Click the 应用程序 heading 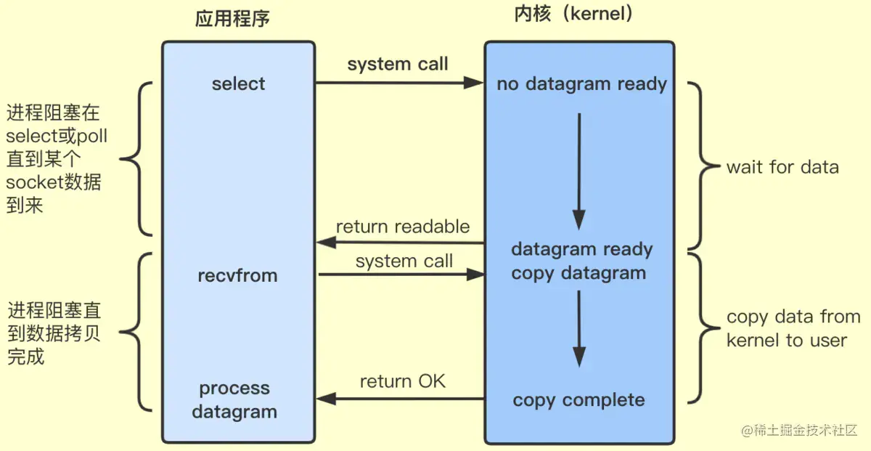232,19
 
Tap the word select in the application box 238,84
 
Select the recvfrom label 237,276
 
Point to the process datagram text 234,400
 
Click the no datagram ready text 581,84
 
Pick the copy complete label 578,400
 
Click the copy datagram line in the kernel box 578,274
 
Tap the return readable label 403,227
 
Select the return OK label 403,381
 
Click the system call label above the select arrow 398,64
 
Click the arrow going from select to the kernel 399,84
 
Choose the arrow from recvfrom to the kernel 401,275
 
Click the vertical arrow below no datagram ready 578,171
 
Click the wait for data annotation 782,168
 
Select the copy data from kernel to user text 793,328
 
